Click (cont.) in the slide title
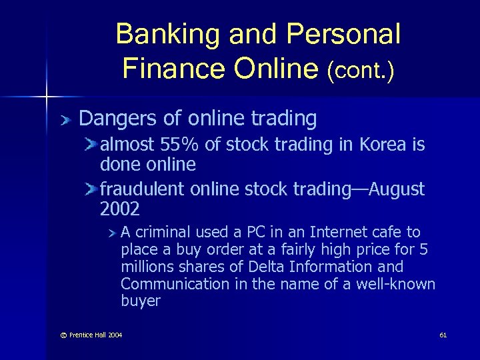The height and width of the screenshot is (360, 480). pos(360,69)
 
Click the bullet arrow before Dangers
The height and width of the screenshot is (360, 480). pos(64,120)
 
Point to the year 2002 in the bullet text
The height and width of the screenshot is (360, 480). pos(120,209)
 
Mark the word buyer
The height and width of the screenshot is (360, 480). pos(141,301)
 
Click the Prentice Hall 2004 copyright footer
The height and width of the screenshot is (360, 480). pos(87,334)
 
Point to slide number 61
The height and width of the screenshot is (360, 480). pos(443,334)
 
